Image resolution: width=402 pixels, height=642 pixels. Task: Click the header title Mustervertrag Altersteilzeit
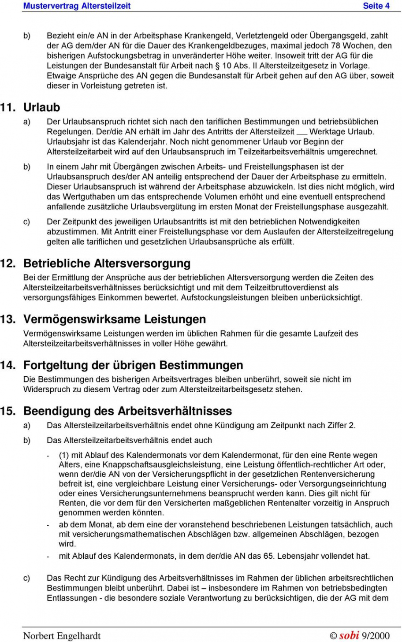(77, 6)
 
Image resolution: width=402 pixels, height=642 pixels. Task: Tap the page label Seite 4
(376, 6)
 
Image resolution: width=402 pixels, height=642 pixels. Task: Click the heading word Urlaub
(41, 107)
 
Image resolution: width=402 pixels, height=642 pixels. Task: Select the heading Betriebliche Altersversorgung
(107, 263)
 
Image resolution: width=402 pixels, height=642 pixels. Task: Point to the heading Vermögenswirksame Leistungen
(114, 319)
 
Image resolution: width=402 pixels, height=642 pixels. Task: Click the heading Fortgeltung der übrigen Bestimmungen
(133, 365)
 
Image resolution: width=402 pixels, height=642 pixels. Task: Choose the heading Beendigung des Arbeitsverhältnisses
(127, 411)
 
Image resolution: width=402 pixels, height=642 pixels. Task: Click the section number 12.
(8, 263)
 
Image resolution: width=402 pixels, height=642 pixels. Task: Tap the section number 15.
(8, 411)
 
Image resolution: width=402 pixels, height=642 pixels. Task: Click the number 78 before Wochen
(335, 45)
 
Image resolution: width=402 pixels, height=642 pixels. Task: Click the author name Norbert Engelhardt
(62, 635)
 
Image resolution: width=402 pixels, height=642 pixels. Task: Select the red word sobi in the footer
(349, 635)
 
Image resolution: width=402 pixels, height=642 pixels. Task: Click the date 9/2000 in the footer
(376, 635)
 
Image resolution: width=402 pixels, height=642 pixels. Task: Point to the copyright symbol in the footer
(333, 636)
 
